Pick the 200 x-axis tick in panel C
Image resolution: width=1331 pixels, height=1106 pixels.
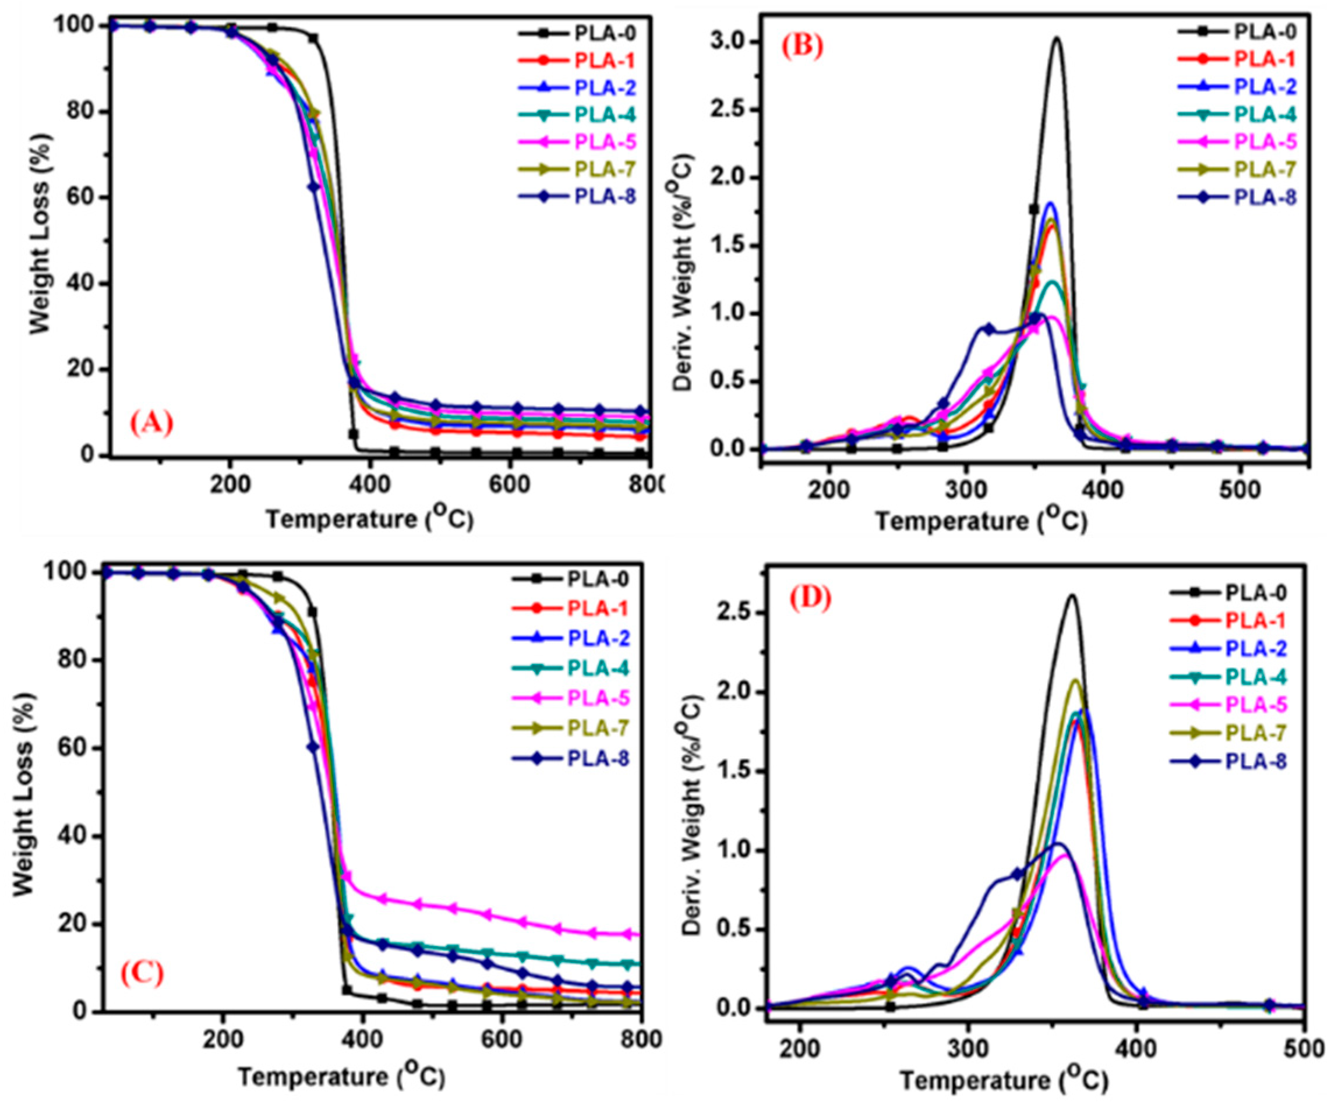[x=223, y=1039]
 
